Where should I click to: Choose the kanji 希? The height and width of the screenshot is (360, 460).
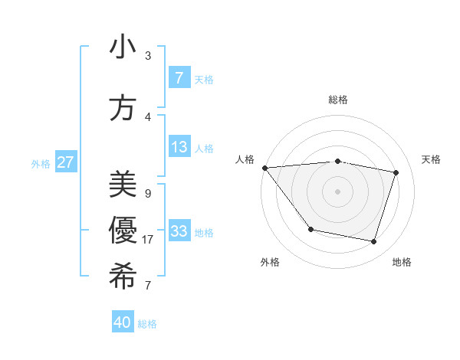point(123,277)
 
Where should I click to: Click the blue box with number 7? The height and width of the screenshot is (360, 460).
point(179,77)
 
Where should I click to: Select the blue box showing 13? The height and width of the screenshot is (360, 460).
point(179,147)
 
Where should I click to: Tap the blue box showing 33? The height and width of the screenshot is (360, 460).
point(179,231)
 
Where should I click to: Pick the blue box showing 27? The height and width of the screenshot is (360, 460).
point(66,162)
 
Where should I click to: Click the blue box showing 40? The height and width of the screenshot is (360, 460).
point(123,322)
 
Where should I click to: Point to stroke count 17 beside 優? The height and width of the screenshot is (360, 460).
point(148,240)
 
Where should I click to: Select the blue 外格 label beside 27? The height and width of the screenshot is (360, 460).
point(41,162)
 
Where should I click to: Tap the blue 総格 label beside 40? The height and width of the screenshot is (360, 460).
point(147,323)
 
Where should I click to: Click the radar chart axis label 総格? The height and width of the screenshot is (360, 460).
point(337,100)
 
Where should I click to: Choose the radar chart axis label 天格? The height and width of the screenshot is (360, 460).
point(431,159)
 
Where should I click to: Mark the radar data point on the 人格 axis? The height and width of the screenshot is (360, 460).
point(264,168)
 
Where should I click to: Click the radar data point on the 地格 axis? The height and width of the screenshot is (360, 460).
point(373,241)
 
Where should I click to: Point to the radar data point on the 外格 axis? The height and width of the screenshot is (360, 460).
point(310,229)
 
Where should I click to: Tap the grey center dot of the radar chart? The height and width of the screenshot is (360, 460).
point(337,191)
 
